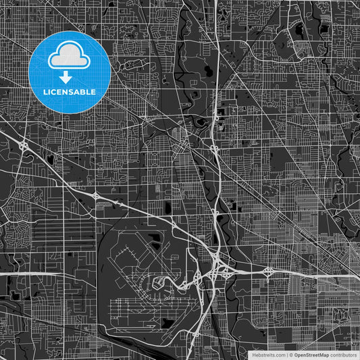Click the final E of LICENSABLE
pyautogui.click(x=94, y=91)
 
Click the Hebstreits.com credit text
pyautogui.click(x=267, y=355)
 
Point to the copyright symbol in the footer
pyautogui.click(x=290, y=355)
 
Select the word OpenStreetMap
pyautogui.click(x=311, y=355)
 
